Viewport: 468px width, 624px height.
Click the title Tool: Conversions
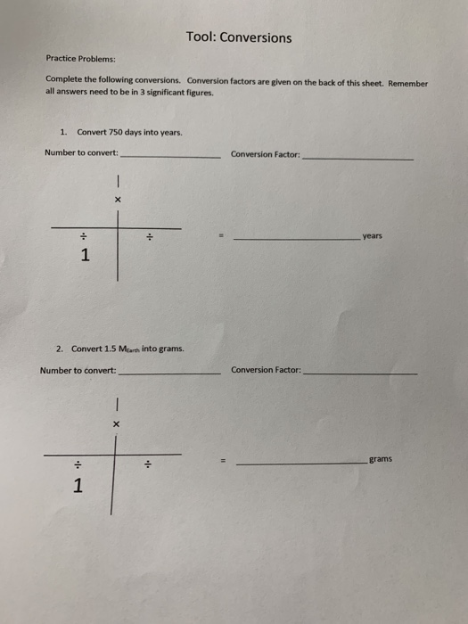pyautogui.click(x=239, y=37)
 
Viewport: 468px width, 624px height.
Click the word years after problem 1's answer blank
pyautogui.click(x=373, y=236)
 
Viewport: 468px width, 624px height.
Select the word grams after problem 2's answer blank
pyautogui.click(x=380, y=459)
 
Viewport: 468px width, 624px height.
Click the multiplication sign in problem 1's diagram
pyautogui.click(x=116, y=200)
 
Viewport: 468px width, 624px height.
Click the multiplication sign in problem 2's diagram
pyautogui.click(x=115, y=424)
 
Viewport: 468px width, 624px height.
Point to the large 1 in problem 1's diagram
pyautogui.click(x=85, y=257)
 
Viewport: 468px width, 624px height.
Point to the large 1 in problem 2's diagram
pyautogui.click(x=78, y=486)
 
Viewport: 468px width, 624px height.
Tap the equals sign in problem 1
pyautogui.click(x=221, y=237)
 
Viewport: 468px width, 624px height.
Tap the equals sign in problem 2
pyautogui.click(x=224, y=461)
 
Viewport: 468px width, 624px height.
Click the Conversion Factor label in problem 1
pyautogui.click(x=265, y=153)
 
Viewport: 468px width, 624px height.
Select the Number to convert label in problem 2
pyautogui.click(x=78, y=370)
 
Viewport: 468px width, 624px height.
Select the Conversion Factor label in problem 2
pyautogui.click(x=266, y=369)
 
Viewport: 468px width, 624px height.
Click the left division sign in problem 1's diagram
pyautogui.click(x=82, y=236)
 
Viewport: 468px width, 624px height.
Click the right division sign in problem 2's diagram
pyautogui.click(x=149, y=464)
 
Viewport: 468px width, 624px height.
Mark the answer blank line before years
pyautogui.click(x=296, y=239)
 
